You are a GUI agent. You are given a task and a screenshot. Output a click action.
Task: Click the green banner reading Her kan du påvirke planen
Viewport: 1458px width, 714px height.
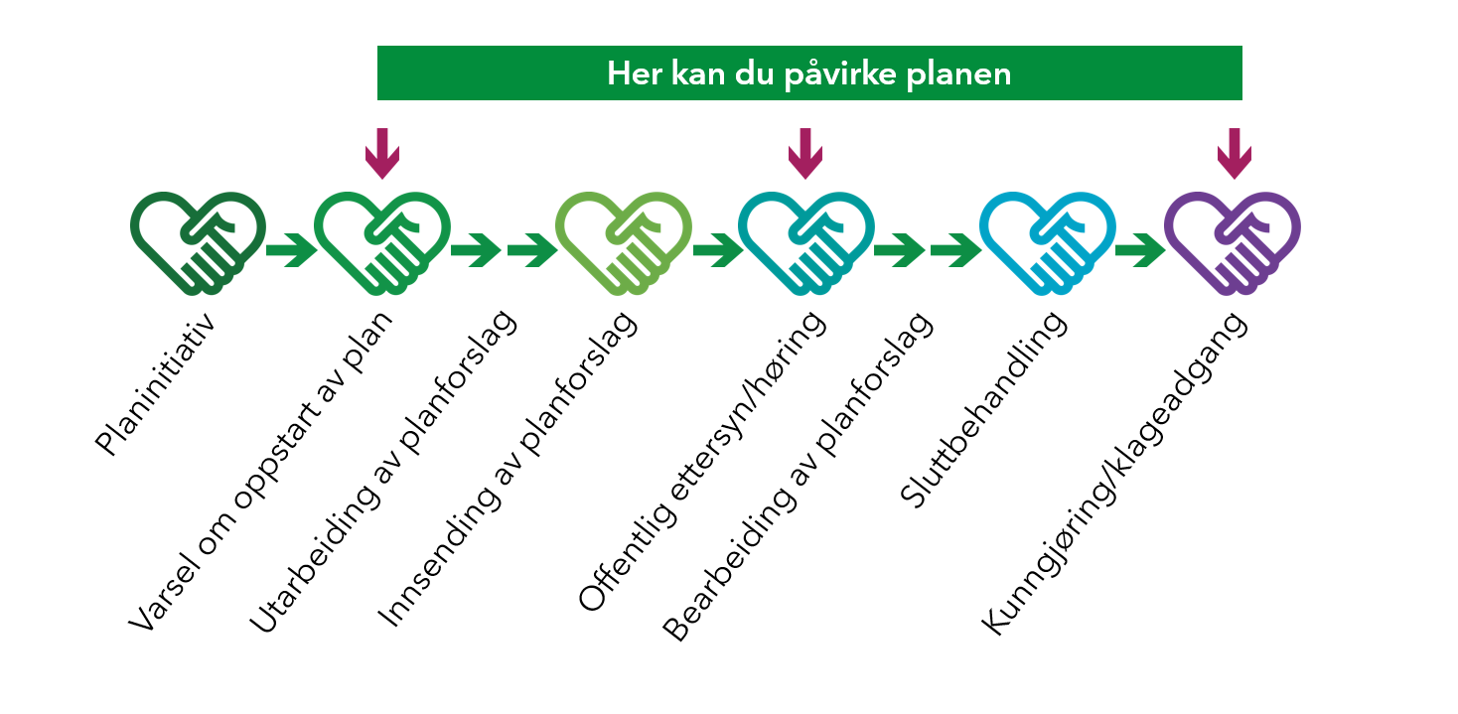[x=809, y=72]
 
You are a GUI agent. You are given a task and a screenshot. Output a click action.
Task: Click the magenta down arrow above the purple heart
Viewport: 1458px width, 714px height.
[x=1234, y=153]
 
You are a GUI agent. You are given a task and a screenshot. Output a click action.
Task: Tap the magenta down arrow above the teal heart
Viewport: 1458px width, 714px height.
[x=805, y=153]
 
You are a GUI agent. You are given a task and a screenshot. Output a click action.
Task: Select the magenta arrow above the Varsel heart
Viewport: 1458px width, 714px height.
[x=382, y=153]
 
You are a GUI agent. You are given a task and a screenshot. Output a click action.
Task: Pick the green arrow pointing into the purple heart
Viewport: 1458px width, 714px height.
[x=1139, y=250]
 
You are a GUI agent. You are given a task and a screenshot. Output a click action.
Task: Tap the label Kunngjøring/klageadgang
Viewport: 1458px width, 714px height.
[x=1112, y=475]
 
